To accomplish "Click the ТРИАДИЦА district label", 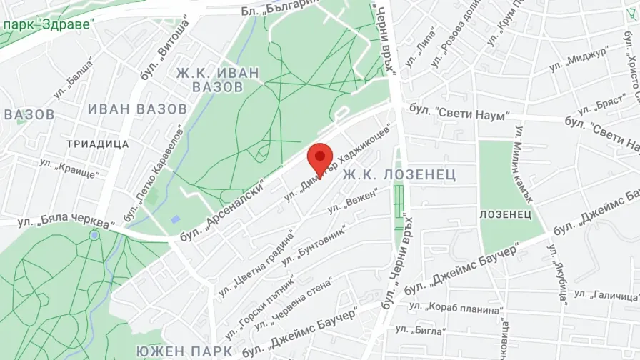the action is click(97, 144).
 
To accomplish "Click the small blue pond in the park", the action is click(176, 219).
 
